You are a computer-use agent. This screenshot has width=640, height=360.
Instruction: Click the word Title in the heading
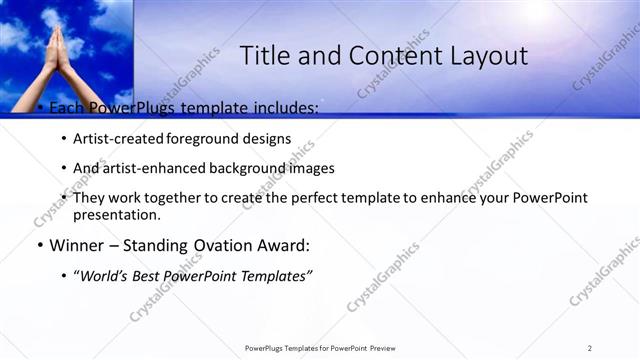(x=265, y=56)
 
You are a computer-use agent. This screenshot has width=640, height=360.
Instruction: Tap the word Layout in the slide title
(x=484, y=56)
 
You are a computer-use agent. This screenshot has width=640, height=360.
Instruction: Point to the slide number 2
(x=589, y=347)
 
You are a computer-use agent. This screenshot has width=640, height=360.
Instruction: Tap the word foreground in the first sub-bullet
(x=209, y=139)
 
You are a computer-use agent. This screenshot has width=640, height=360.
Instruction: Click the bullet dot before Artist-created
(x=64, y=139)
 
